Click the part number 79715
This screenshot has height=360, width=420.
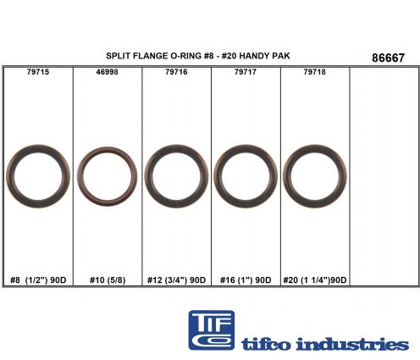(x=38, y=72)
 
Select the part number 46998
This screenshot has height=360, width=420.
(x=107, y=72)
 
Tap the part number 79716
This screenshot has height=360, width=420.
(x=176, y=72)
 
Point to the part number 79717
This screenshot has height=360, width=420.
(x=246, y=72)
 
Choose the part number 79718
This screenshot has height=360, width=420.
(x=315, y=72)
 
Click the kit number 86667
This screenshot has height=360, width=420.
(x=388, y=58)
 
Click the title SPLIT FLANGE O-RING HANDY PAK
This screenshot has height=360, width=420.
(x=198, y=56)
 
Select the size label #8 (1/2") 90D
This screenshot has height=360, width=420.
(x=38, y=280)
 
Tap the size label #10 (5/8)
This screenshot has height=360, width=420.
(x=108, y=280)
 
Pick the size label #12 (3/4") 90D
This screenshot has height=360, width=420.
(x=176, y=280)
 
